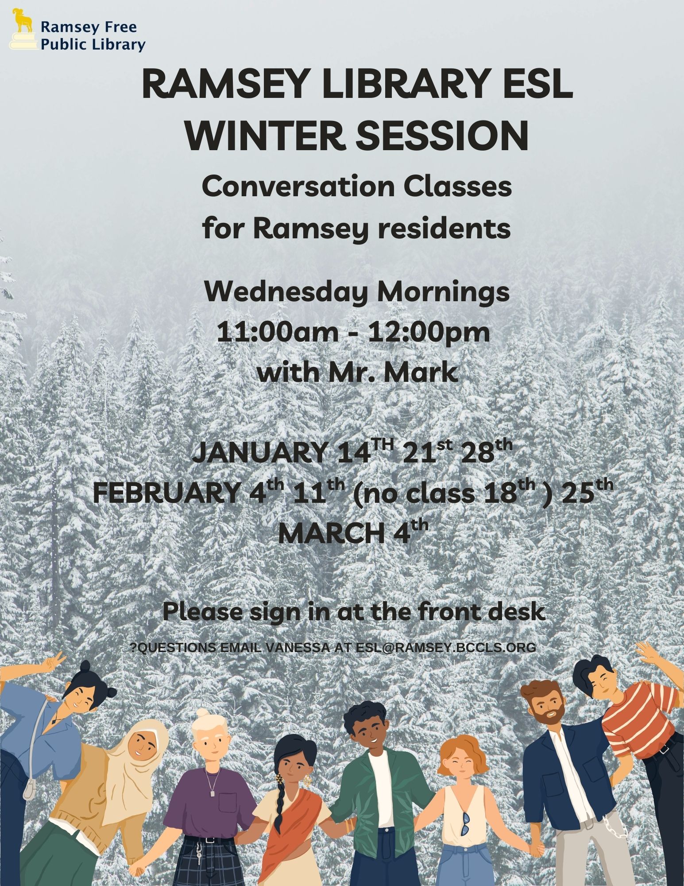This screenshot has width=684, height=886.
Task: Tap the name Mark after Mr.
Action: tap(419, 372)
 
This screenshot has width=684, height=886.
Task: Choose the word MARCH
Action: tap(332, 533)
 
